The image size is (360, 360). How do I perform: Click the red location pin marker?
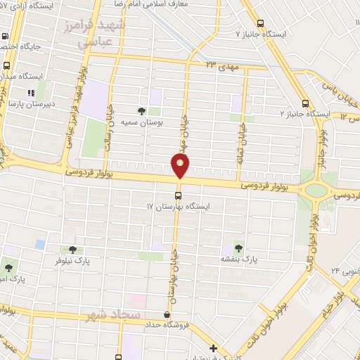(180, 166)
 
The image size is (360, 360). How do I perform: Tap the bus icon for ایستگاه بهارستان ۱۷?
(177, 195)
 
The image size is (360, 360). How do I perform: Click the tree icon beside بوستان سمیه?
(141, 111)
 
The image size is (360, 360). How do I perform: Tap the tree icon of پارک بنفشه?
(237, 248)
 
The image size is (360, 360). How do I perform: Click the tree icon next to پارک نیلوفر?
(72, 250)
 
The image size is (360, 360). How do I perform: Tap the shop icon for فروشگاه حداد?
(166, 315)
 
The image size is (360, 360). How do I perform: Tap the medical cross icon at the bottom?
(213, 348)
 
